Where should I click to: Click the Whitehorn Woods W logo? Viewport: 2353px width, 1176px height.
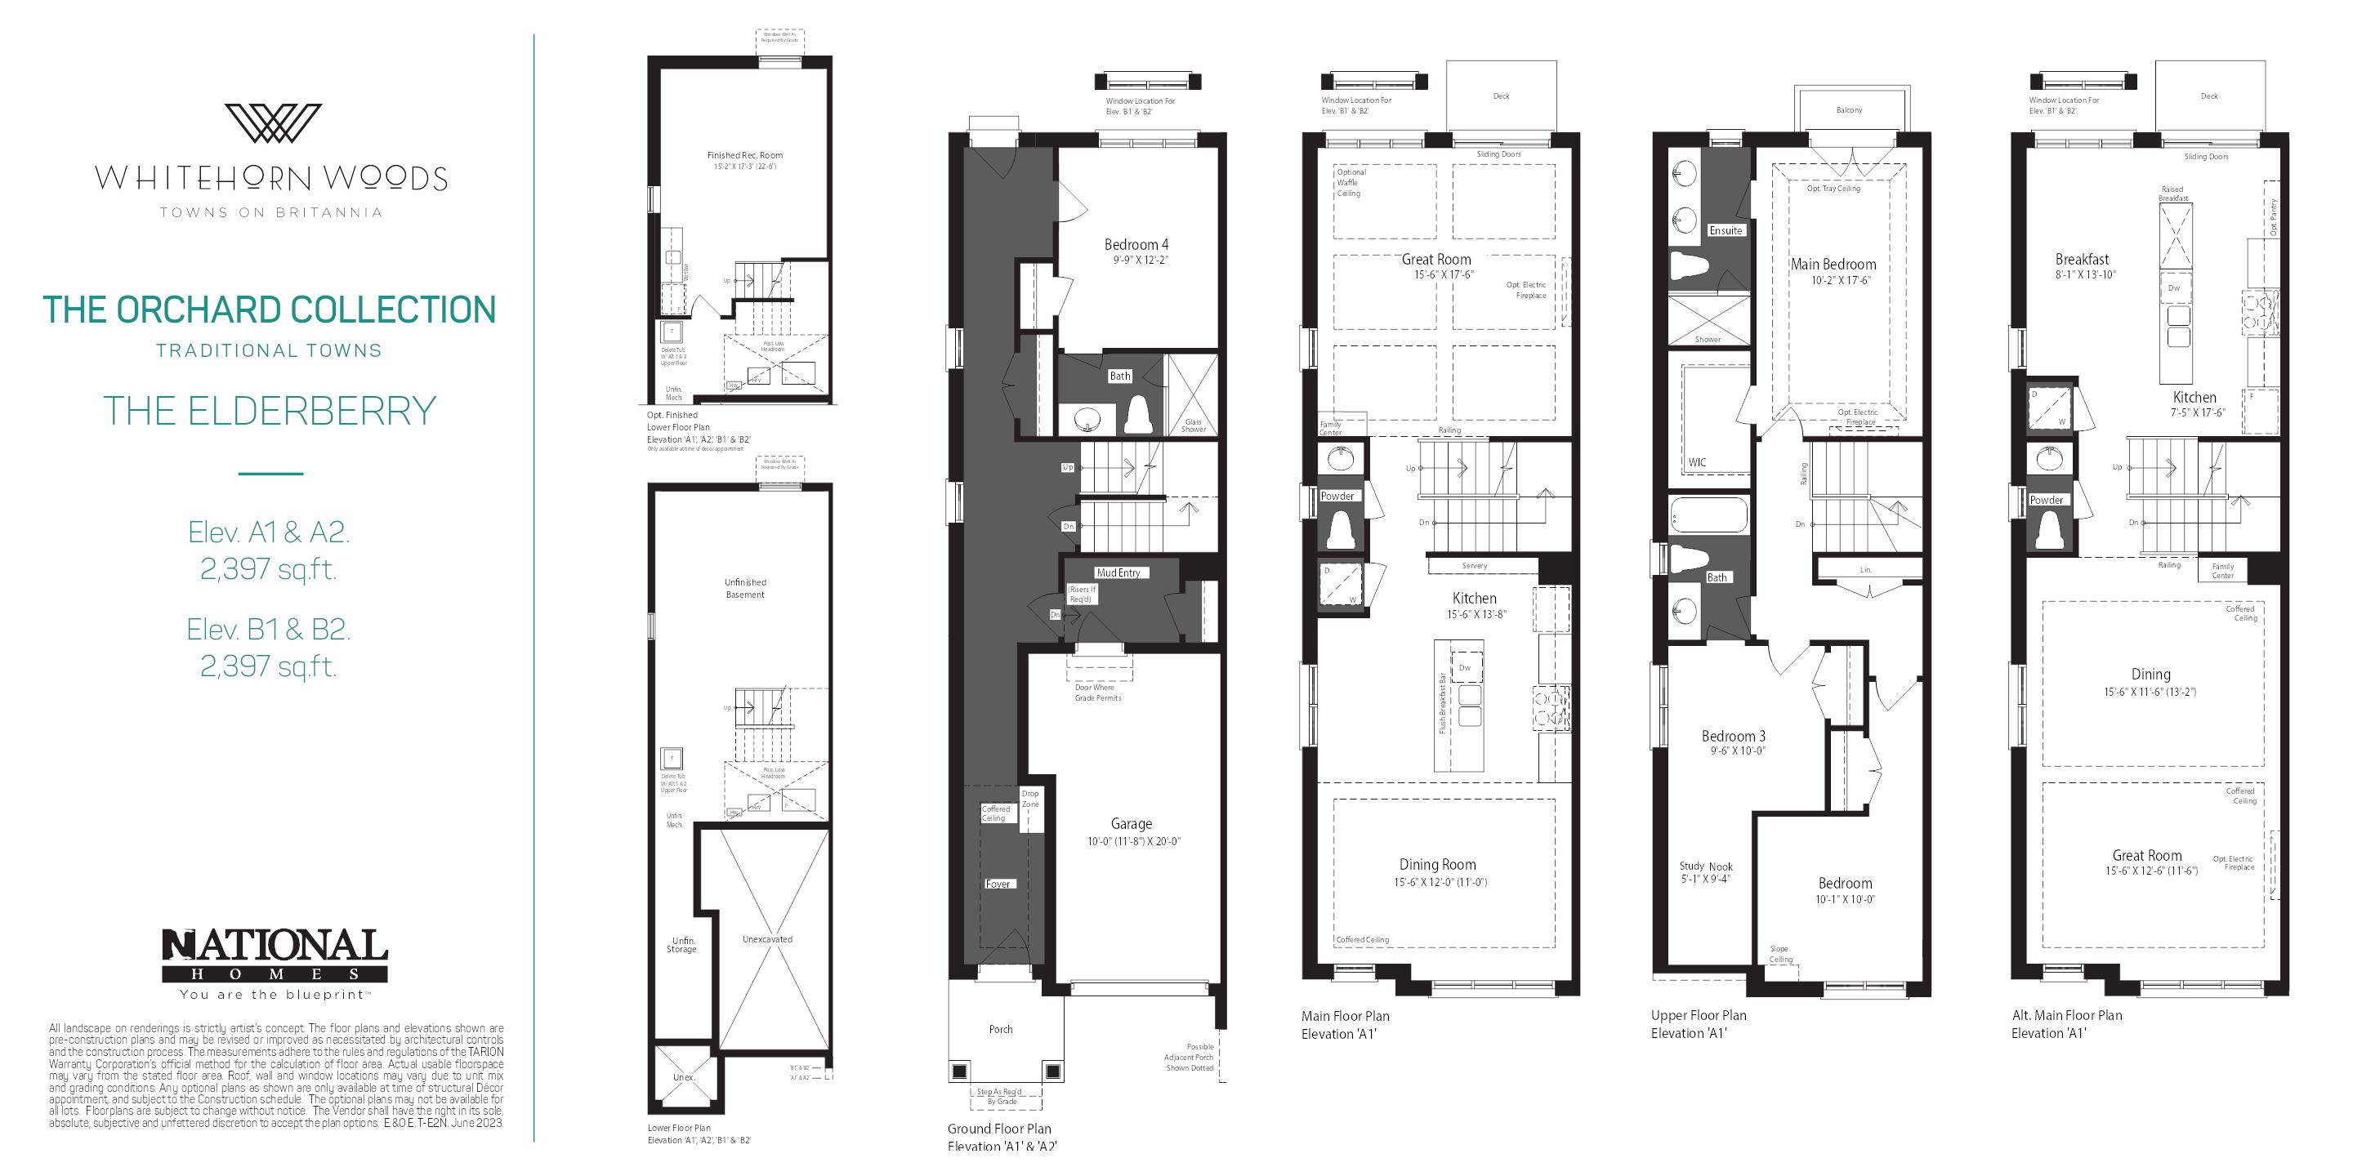272,123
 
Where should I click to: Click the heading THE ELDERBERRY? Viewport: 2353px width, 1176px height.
270,411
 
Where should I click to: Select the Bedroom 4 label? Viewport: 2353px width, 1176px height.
1136,245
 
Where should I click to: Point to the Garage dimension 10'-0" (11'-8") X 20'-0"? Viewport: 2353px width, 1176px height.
1132,842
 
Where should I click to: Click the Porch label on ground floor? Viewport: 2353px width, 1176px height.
1000,1029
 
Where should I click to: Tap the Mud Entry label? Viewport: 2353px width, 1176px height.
1118,572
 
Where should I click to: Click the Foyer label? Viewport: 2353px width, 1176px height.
998,884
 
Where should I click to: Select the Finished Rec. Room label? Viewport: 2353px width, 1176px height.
744,155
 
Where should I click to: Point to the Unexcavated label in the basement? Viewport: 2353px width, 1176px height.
767,939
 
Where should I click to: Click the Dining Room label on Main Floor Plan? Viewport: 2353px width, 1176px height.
1437,865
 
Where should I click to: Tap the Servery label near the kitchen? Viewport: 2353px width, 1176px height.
1474,566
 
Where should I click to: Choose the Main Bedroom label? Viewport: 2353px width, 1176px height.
1833,265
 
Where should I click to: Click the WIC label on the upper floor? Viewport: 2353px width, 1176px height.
1696,462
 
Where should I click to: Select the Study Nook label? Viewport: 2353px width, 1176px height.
1705,866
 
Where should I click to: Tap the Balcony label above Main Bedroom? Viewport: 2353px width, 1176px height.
1849,110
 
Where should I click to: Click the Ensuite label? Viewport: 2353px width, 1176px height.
1726,231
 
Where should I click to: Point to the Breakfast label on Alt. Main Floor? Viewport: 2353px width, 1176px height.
2082,260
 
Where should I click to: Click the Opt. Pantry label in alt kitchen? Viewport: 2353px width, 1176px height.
2274,217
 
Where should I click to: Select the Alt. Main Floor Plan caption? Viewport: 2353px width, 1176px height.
2066,1015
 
